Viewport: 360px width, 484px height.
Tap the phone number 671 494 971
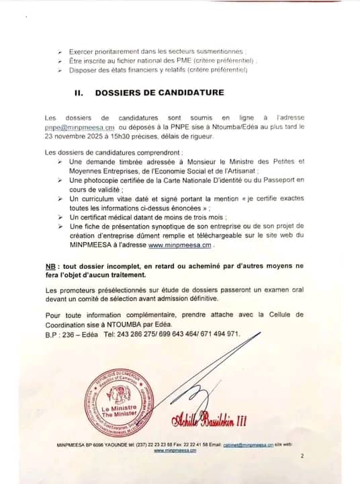click(x=219, y=333)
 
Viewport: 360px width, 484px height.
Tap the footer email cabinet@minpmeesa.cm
click(x=247, y=445)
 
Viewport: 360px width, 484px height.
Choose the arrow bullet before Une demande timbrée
click(x=60, y=162)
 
